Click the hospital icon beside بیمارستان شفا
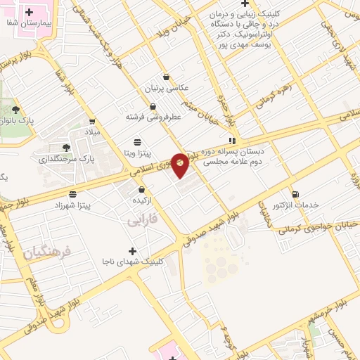[29, 12]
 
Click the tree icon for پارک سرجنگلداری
[66, 148]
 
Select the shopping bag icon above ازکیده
[142, 189]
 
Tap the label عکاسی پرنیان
[167, 89]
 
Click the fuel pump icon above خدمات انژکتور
[295, 194]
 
